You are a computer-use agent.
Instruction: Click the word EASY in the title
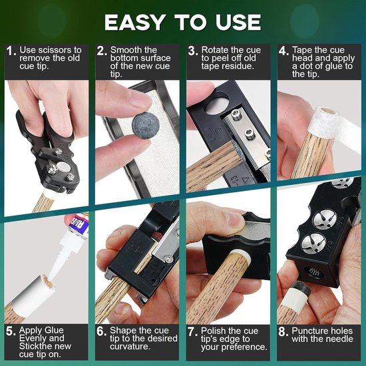pos(135,23)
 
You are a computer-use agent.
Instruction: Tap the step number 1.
pos(11,51)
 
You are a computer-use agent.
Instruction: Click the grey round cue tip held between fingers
pos(146,125)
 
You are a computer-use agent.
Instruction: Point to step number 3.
pos(193,51)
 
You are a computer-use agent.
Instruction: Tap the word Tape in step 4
pos(301,51)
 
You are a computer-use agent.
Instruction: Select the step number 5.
pos(11,331)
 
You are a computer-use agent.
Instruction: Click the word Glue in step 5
pos(54,330)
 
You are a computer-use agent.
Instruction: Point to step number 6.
pos(102,331)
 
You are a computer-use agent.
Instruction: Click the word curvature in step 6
pos(130,347)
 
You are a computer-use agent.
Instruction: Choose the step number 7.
pos(192,331)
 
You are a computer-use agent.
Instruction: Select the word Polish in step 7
pos(213,331)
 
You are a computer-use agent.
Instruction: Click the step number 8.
pos(283,331)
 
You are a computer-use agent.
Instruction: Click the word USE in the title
pos(238,23)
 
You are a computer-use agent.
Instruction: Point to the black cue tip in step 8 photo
pos(299,289)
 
